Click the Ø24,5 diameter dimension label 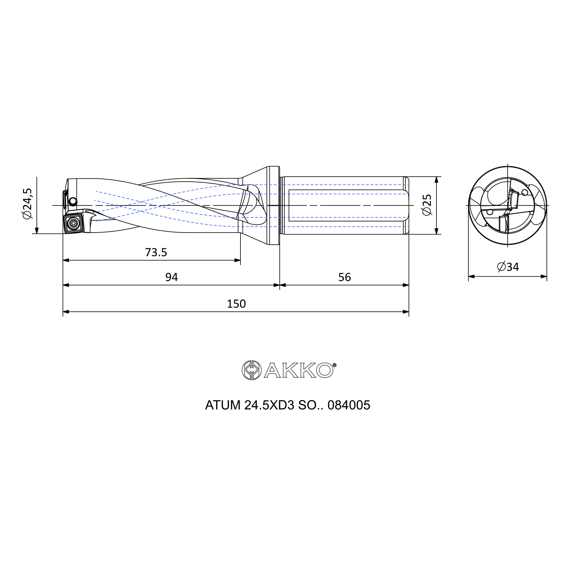(x=27, y=204)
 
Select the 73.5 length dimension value (x=156, y=253)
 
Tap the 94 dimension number (x=171, y=277)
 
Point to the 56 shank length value (x=344, y=277)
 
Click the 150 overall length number (x=236, y=304)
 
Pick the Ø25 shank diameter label (x=427, y=205)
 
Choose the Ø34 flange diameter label (x=508, y=267)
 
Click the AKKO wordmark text (x=299, y=370)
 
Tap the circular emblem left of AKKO (x=252, y=370)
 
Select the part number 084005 (x=349, y=405)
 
